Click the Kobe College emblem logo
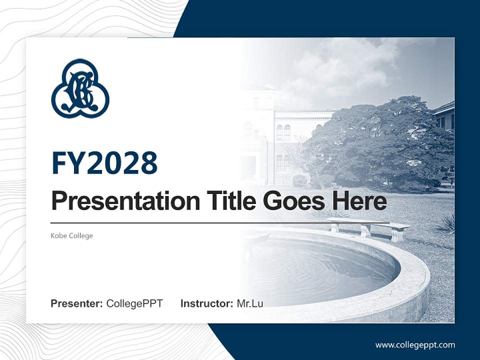pyautogui.click(x=80, y=88)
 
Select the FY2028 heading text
pyautogui.click(x=104, y=162)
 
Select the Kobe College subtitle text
pyautogui.click(x=72, y=235)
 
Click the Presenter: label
pyautogui.click(x=77, y=303)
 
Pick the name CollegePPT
pyautogui.click(x=134, y=303)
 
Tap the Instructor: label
pyautogui.click(x=206, y=303)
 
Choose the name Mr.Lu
pyautogui.click(x=250, y=303)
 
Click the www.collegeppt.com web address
pyautogui.click(x=415, y=344)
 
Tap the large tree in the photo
pyautogui.click(x=380, y=140)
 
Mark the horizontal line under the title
pyautogui.click(x=220, y=222)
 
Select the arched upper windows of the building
pyautogui.click(x=283, y=132)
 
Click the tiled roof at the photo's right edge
pyautogui.click(x=444, y=107)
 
